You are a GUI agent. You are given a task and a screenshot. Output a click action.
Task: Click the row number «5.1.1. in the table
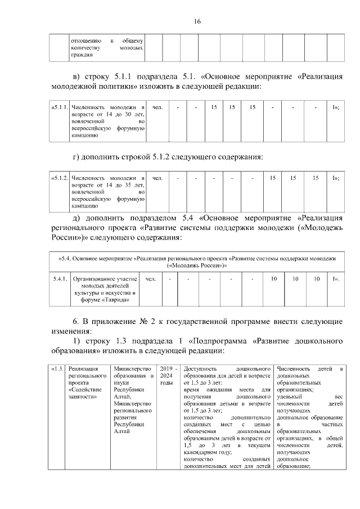coord(60,107)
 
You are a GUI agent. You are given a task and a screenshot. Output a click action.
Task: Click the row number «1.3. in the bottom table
coord(57,369)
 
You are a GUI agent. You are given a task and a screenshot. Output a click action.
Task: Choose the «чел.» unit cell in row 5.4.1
coord(151,279)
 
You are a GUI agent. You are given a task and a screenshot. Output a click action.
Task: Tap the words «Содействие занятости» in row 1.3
coord(83,393)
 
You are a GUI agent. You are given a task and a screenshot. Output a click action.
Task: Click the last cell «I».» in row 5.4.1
coord(335,279)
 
